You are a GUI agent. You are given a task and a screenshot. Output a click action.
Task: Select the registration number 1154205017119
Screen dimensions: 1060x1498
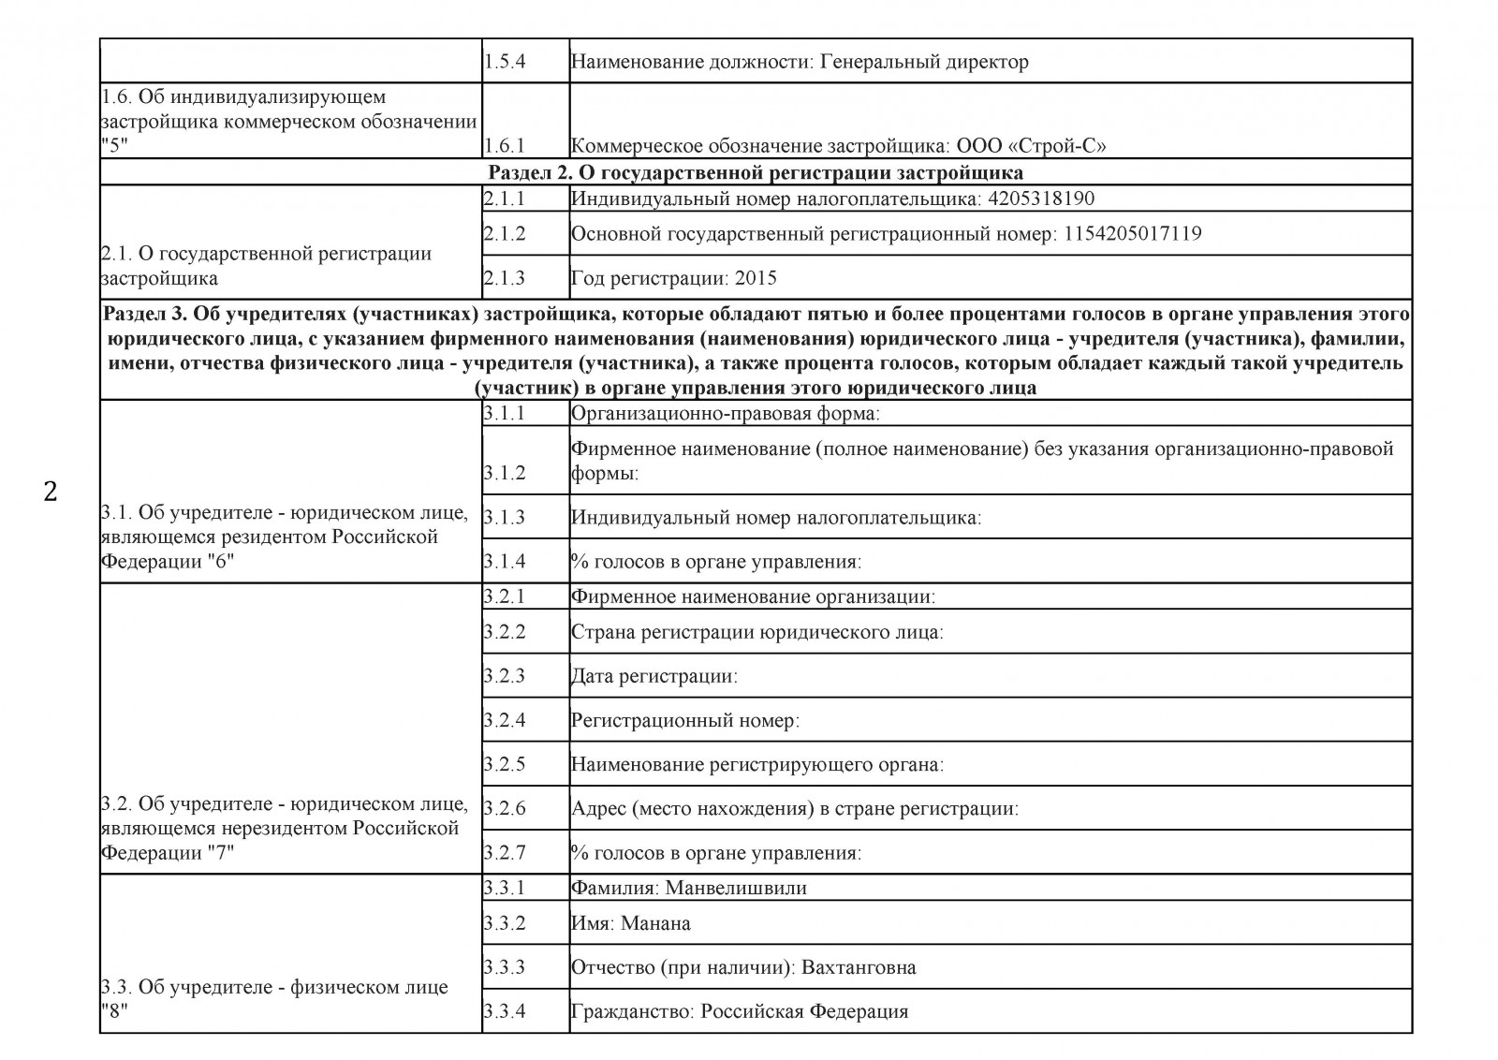click(1132, 233)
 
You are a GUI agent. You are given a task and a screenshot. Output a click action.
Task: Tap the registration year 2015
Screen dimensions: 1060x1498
click(756, 278)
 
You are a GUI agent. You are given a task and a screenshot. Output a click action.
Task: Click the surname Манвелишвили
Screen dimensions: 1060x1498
click(736, 888)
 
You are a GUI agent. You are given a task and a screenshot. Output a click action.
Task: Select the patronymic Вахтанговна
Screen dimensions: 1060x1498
click(859, 967)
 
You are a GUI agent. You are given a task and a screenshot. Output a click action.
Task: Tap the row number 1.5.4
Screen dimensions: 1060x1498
click(505, 62)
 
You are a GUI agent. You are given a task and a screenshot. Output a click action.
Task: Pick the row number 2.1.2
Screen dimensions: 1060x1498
click(505, 233)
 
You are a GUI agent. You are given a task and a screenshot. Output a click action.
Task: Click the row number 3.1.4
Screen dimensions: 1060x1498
click(505, 562)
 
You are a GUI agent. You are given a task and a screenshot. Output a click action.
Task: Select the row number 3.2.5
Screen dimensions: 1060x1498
click(505, 764)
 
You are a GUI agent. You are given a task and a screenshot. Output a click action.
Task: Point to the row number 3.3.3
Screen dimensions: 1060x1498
click(505, 967)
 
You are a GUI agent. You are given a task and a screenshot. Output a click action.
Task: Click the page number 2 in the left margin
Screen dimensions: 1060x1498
click(51, 491)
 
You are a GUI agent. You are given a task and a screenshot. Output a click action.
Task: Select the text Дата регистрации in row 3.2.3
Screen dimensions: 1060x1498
click(652, 676)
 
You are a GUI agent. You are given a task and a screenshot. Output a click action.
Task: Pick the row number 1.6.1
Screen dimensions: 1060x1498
click(505, 146)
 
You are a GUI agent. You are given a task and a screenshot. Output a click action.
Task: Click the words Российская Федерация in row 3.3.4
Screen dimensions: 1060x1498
click(804, 1011)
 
